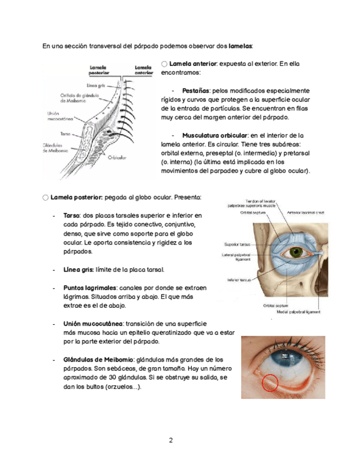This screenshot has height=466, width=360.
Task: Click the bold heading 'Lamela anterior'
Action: [x=193, y=64]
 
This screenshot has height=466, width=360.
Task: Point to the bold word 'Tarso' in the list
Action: [x=72, y=215]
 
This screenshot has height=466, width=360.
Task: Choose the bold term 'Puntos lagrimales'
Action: [x=90, y=287]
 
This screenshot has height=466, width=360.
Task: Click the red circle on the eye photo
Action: [x=270, y=381]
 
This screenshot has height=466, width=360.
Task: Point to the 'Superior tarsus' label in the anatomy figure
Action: [x=238, y=244]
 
